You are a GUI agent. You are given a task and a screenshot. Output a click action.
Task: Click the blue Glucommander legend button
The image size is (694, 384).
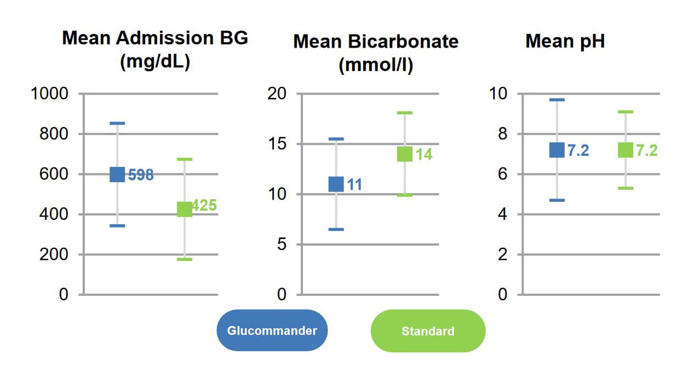272,330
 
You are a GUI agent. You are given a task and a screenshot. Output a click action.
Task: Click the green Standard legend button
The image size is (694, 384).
428,331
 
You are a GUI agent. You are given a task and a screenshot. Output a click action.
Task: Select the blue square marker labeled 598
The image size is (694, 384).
117,174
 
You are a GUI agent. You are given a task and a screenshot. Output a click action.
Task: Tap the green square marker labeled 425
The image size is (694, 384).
185,209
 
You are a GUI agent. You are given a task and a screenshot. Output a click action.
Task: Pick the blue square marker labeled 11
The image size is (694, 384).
336,184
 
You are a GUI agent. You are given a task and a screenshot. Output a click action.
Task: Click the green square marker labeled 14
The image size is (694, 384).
404,154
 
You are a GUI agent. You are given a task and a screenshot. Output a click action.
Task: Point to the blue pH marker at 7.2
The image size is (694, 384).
557,150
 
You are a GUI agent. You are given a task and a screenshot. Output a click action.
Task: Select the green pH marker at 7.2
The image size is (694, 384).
625,150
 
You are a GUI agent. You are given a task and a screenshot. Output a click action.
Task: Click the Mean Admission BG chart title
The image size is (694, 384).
155,50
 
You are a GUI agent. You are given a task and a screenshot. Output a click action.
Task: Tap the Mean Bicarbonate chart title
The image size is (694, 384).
376,53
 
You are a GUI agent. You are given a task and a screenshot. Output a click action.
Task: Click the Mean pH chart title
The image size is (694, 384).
565,42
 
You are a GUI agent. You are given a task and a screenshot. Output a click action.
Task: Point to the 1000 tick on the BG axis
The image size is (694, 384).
50,94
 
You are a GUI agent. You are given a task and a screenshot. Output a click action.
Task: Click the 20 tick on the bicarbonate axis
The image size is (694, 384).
277,94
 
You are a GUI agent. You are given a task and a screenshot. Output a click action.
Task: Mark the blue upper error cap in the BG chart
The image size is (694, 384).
117,123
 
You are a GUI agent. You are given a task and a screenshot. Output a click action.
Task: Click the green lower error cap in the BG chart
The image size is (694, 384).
185,259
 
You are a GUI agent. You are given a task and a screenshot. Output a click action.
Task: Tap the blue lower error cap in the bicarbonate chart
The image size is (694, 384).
336,229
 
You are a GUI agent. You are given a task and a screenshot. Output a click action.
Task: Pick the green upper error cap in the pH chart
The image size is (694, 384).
625,112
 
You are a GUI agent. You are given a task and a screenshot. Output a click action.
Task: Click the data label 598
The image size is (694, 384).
141,176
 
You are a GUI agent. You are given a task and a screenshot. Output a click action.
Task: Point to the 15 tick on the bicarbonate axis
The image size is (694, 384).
277,144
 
